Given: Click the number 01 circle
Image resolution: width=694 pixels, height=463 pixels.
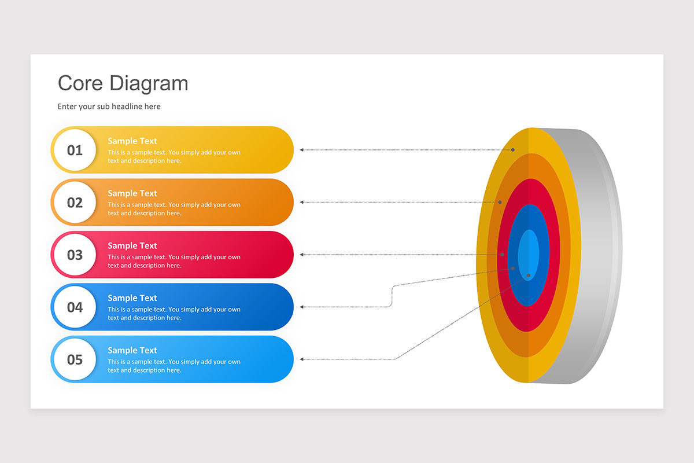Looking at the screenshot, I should (75, 150).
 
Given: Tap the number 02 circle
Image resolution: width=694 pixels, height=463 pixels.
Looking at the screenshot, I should (75, 203).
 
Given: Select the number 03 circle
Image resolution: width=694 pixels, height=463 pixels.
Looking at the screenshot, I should (75, 255).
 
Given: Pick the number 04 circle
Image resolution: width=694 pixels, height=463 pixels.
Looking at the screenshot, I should (75, 307).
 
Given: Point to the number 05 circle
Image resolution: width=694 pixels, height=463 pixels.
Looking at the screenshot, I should (75, 359).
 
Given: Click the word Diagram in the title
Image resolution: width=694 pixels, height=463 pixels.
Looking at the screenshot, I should (149, 83).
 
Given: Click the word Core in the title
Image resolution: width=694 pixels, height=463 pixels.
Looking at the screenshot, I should (81, 83).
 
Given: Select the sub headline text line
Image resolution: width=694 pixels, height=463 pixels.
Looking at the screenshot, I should (109, 106).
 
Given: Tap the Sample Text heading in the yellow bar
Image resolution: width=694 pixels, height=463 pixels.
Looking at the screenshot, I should (132, 141).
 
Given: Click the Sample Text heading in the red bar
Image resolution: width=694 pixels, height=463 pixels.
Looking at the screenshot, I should (132, 246).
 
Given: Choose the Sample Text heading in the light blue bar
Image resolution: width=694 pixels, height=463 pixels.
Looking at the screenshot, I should (132, 350).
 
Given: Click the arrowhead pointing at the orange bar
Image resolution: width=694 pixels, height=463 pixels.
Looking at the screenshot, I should (301, 203).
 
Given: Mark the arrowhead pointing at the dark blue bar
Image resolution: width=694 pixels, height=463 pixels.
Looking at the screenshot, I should (301, 307).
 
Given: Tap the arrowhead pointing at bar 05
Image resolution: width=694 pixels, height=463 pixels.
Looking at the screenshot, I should (301, 359).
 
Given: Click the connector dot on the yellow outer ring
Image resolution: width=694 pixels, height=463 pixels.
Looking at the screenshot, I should (512, 150).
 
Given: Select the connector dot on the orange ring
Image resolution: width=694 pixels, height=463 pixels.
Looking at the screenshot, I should (500, 202).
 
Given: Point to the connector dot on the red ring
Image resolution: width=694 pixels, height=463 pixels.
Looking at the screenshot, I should (502, 254).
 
